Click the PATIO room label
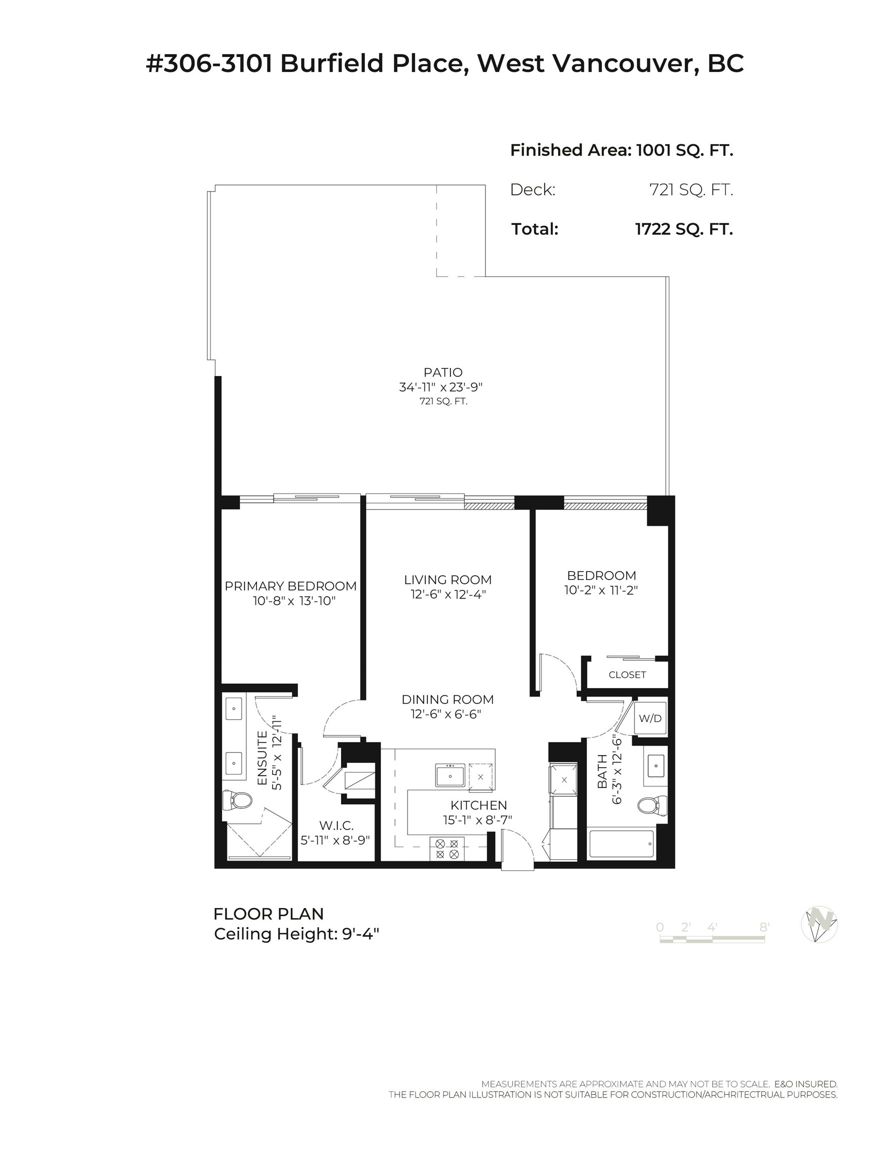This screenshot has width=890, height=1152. [442, 372]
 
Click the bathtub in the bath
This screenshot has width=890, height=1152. [621, 844]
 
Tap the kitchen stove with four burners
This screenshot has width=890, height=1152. [446, 848]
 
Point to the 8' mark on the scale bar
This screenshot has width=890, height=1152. [764, 927]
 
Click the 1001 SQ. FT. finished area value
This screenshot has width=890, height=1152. [684, 150]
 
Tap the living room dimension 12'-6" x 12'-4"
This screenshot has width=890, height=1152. [448, 594]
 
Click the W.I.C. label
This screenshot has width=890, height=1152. [336, 825]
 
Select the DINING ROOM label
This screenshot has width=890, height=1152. [447, 699]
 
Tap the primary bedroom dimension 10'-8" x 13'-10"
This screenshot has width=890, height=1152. [294, 601]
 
